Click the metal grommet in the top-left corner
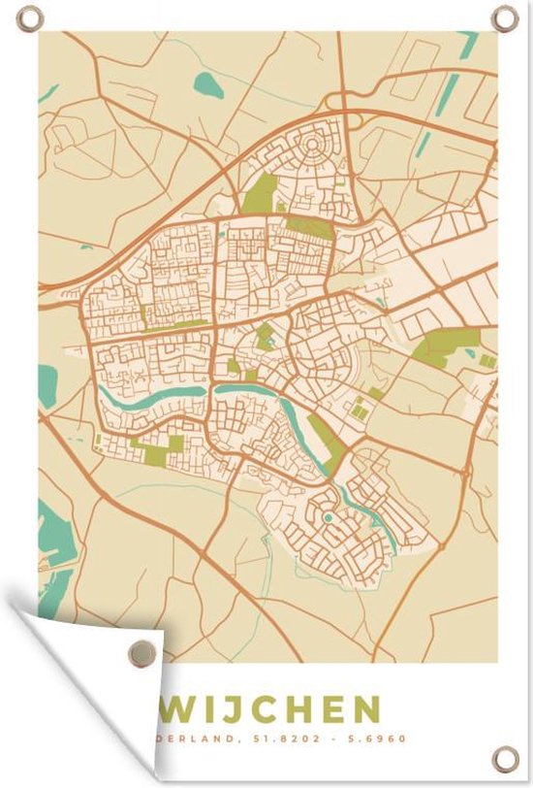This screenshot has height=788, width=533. (30, 17)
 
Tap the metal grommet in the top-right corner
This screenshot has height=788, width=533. (504, 17)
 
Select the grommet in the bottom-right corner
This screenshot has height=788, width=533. (504, 758)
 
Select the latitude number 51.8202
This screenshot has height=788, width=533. (285, 739)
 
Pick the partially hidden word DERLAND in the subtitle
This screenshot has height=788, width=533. (199, 739)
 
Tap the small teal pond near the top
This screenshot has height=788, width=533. (208, 85)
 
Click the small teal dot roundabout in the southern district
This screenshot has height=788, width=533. (329, 518)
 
